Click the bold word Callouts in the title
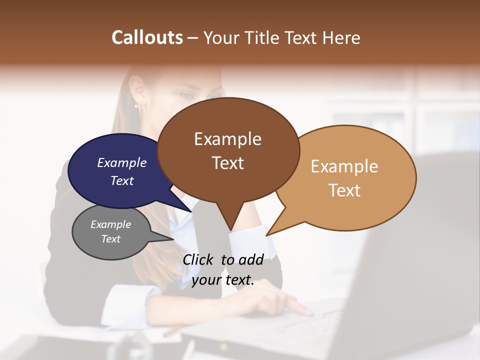coord(147,37)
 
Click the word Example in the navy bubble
coord(121,163)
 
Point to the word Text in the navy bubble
coord(121,180)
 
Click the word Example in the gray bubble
coord(110,224)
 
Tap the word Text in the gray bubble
coord(110,239)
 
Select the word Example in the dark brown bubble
coord(227,139)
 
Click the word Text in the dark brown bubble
coord(227,163)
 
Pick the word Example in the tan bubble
coord(344,166)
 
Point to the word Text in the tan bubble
coord(344,190)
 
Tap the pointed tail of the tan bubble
coord(270,233)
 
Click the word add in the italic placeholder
coord(251,259)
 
